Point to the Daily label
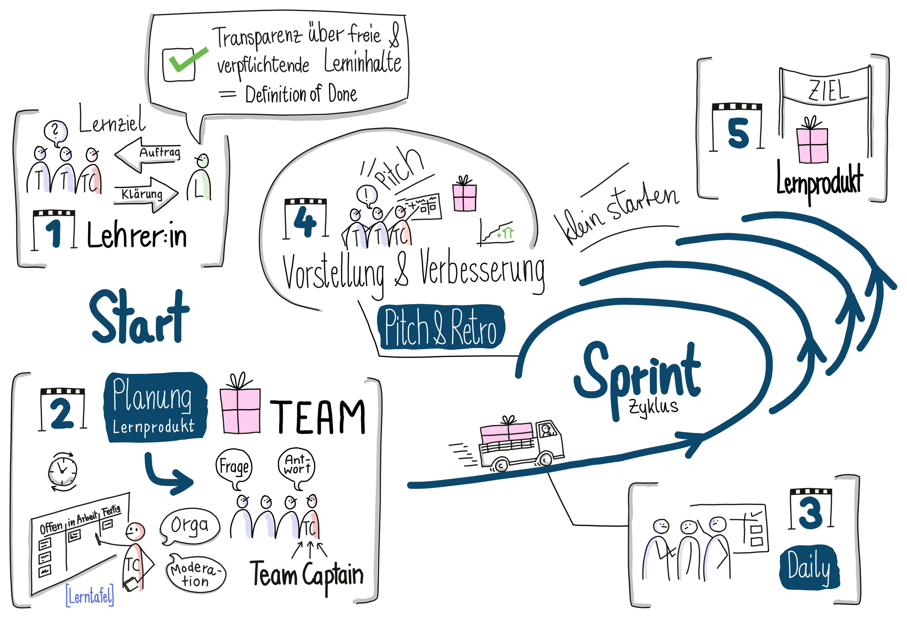[809, 567]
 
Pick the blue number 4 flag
[305, 221]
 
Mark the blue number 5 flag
[738, 133]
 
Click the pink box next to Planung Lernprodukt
[240, 411]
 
